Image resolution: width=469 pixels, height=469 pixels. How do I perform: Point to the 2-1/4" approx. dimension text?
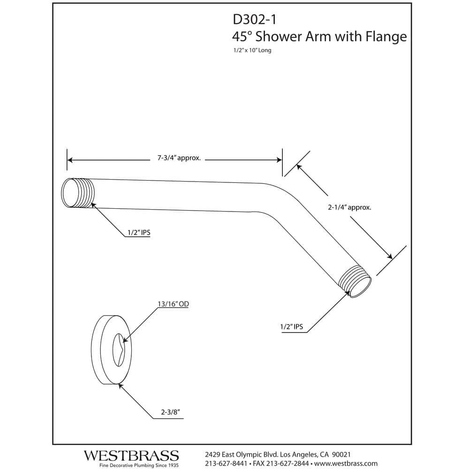tap(349, 208)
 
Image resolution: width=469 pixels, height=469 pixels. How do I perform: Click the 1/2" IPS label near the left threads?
tap(137, 232)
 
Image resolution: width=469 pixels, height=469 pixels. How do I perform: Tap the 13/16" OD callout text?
tap(173, 304)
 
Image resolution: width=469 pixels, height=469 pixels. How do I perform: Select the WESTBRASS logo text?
tap(131, 455)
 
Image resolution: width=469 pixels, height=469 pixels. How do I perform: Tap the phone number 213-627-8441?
tap(227, 463)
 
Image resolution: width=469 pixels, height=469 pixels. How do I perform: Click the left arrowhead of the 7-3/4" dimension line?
tap(70, 160)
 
